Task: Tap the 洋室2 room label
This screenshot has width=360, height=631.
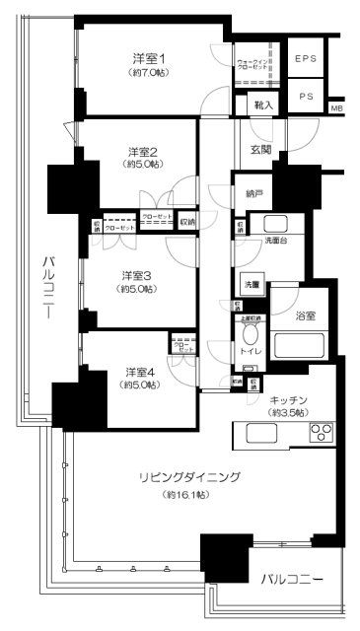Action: pyautogui.click(x=143, y=151)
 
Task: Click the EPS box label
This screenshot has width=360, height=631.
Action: pyautogui.click(x=307, y=59)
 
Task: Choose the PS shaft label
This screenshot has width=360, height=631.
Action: pyautogui.click(x=307, y=96)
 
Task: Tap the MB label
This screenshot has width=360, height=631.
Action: pyautogui.click(x=337, y=108)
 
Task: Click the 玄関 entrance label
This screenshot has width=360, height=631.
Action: pyautogui.click(x=260, y=150)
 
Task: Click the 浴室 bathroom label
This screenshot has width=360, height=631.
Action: pyautogui.click(x=306, y=315)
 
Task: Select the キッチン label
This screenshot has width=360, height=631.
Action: pyautogui.click(x=289, y=399)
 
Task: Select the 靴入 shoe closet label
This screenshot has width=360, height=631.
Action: pyautogui.click(x=263, y=102)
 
